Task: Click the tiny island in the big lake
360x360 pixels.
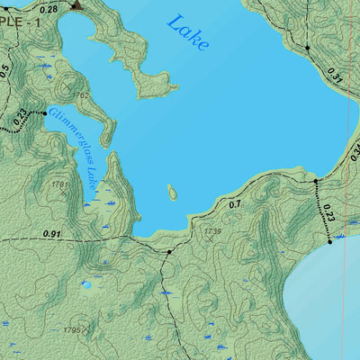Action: (x=172, y=193)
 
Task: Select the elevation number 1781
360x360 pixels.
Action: (x=60, y=184)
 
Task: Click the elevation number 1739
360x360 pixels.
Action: (x=213, y=232)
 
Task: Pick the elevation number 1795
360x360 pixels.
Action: (x=74, y=330)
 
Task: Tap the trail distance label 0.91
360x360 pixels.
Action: (x=52, y=235)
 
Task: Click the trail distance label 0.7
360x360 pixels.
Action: (x=235, y=205)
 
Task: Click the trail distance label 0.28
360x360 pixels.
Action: (x=49, y=8)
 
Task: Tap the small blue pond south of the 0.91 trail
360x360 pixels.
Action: (x=87, y=285)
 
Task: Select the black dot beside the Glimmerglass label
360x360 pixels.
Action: (x=44, y=113)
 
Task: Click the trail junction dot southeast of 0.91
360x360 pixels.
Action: (x=168, y=252)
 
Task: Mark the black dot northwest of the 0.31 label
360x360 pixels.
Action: (x=307, y=47)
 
